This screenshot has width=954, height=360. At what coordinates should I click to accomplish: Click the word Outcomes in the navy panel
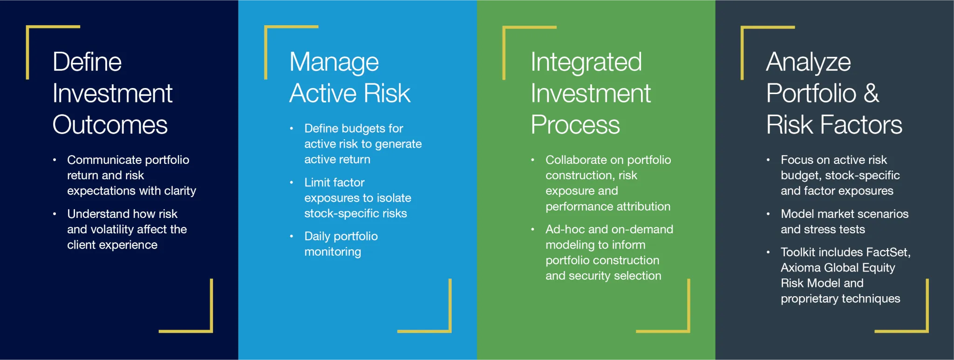(110, 125)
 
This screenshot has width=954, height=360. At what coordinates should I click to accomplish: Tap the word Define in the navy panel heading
(87, 62)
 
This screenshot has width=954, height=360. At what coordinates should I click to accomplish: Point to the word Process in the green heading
(575, 125)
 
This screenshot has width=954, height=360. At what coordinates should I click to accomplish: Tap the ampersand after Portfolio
(872, 93)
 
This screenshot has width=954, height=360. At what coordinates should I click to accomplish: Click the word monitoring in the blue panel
(333, 252)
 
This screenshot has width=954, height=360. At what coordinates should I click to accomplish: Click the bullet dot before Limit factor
(292, 183)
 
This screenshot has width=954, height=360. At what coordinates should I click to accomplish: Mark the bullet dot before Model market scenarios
(768, 214)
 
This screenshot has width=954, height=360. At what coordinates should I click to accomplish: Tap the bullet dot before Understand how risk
(55, 214)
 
